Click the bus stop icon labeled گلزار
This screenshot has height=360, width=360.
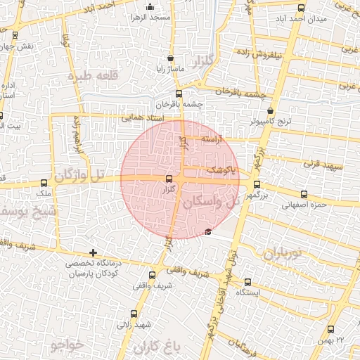169,179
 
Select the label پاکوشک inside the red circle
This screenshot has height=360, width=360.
220,170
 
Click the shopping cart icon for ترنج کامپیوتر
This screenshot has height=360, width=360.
271,111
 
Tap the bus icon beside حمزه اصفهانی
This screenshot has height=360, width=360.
304,195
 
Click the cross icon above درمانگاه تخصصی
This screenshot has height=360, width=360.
93,252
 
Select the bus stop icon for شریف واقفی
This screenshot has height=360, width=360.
153,275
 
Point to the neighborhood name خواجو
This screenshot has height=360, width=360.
67,345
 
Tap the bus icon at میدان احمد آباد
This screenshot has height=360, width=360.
302,8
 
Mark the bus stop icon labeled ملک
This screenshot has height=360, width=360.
44,183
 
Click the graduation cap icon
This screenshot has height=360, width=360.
207,232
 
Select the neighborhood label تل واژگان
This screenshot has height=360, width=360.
79,174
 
